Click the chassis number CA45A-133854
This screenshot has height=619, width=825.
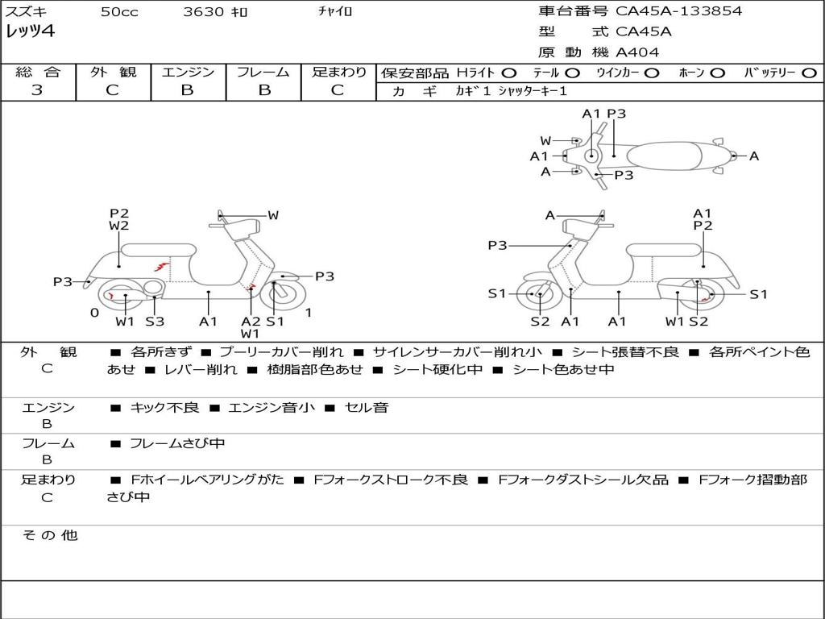[x=678, y=11]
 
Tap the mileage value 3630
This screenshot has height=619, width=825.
[x=204, y=11]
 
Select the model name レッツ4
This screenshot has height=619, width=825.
[x=30, y=31]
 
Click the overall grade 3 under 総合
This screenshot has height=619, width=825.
[x=37, y=89]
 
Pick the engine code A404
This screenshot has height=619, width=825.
[x=636, y=52]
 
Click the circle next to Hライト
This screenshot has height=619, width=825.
[x=509, y=73]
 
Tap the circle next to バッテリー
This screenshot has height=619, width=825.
[x=809, y=73]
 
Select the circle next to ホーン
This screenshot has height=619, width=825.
[x=717, y=73]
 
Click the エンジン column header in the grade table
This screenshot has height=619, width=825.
[x=189, y=72]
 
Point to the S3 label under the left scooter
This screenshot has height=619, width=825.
[x=155, y=321]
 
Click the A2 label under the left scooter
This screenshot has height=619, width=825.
[x=251, y=321]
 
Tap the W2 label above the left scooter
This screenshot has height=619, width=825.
[x=119, y=226]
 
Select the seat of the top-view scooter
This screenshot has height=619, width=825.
[x=664, y=156]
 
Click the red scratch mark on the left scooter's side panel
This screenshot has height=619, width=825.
[x=161, y=265]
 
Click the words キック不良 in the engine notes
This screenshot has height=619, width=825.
[x=164, y=407]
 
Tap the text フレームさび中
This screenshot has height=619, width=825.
[x=177, y=443]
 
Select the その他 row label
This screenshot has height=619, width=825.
[x=50, y=535]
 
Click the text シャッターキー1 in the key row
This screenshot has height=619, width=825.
[x=533, y=91]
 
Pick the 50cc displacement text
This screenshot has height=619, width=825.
[x=119, y=11]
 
